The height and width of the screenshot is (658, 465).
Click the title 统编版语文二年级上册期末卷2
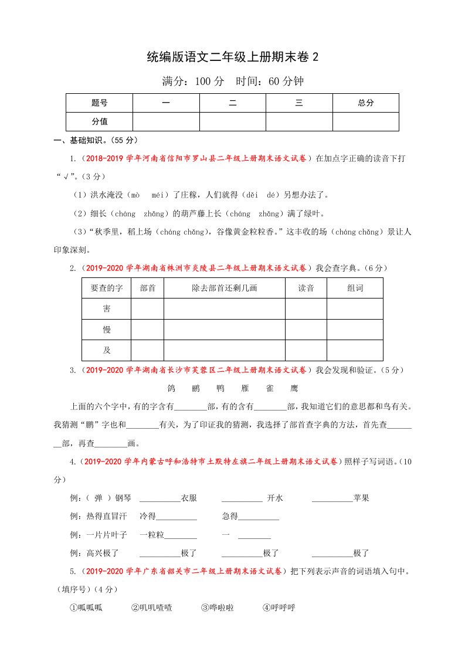tap(232, 57)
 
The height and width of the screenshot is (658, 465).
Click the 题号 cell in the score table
tap(100, 103)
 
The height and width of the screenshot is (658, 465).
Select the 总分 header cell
tap(365, 103)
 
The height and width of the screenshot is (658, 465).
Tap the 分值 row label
tap(100, 121)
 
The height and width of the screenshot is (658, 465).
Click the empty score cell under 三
tap(299, 121)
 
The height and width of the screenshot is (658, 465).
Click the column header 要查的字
tap(106, 288)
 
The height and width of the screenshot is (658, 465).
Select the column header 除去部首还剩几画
tap(225, 288)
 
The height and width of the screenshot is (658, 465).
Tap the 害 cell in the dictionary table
tap(106, 308)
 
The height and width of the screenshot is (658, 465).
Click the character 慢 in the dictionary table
tap(106, 330)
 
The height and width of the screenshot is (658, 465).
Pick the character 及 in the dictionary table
tap(106, 350)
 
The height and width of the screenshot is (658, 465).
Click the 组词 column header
tap(355, 288)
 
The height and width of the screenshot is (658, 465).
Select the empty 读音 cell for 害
tap(306, 308)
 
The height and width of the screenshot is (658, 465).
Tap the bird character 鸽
tap(171, 388)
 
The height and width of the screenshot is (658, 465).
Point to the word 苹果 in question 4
tap(361, 498)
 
